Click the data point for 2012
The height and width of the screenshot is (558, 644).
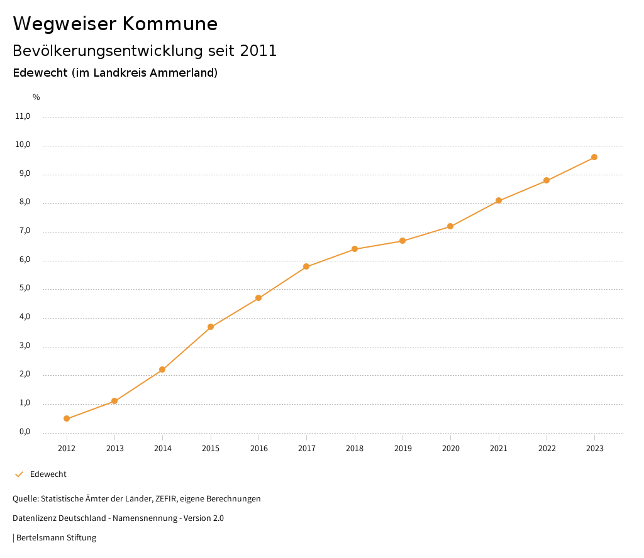coord(67,418)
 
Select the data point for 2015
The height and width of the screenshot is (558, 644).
coord(211,327)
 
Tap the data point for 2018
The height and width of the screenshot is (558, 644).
coord(355,249)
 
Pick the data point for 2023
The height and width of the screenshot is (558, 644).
coord(594,157)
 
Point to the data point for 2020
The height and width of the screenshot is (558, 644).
coord(450,226)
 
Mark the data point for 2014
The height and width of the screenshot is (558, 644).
coord(162,369)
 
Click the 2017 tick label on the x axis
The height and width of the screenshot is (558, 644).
coord(307,449)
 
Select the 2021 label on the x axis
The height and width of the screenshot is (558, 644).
coord(499,449)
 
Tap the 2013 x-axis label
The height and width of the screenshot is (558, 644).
coord(114,449)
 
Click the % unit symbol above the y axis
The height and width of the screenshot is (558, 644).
coord(36,97)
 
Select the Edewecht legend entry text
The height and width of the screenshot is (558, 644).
coord(48,474)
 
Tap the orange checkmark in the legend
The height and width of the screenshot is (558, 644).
coord(19,474)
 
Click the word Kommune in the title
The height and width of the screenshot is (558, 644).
coord(170,24)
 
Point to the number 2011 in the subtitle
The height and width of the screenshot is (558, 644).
coord(258,51)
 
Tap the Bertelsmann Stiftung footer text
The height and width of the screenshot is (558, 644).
coord(56,538)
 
